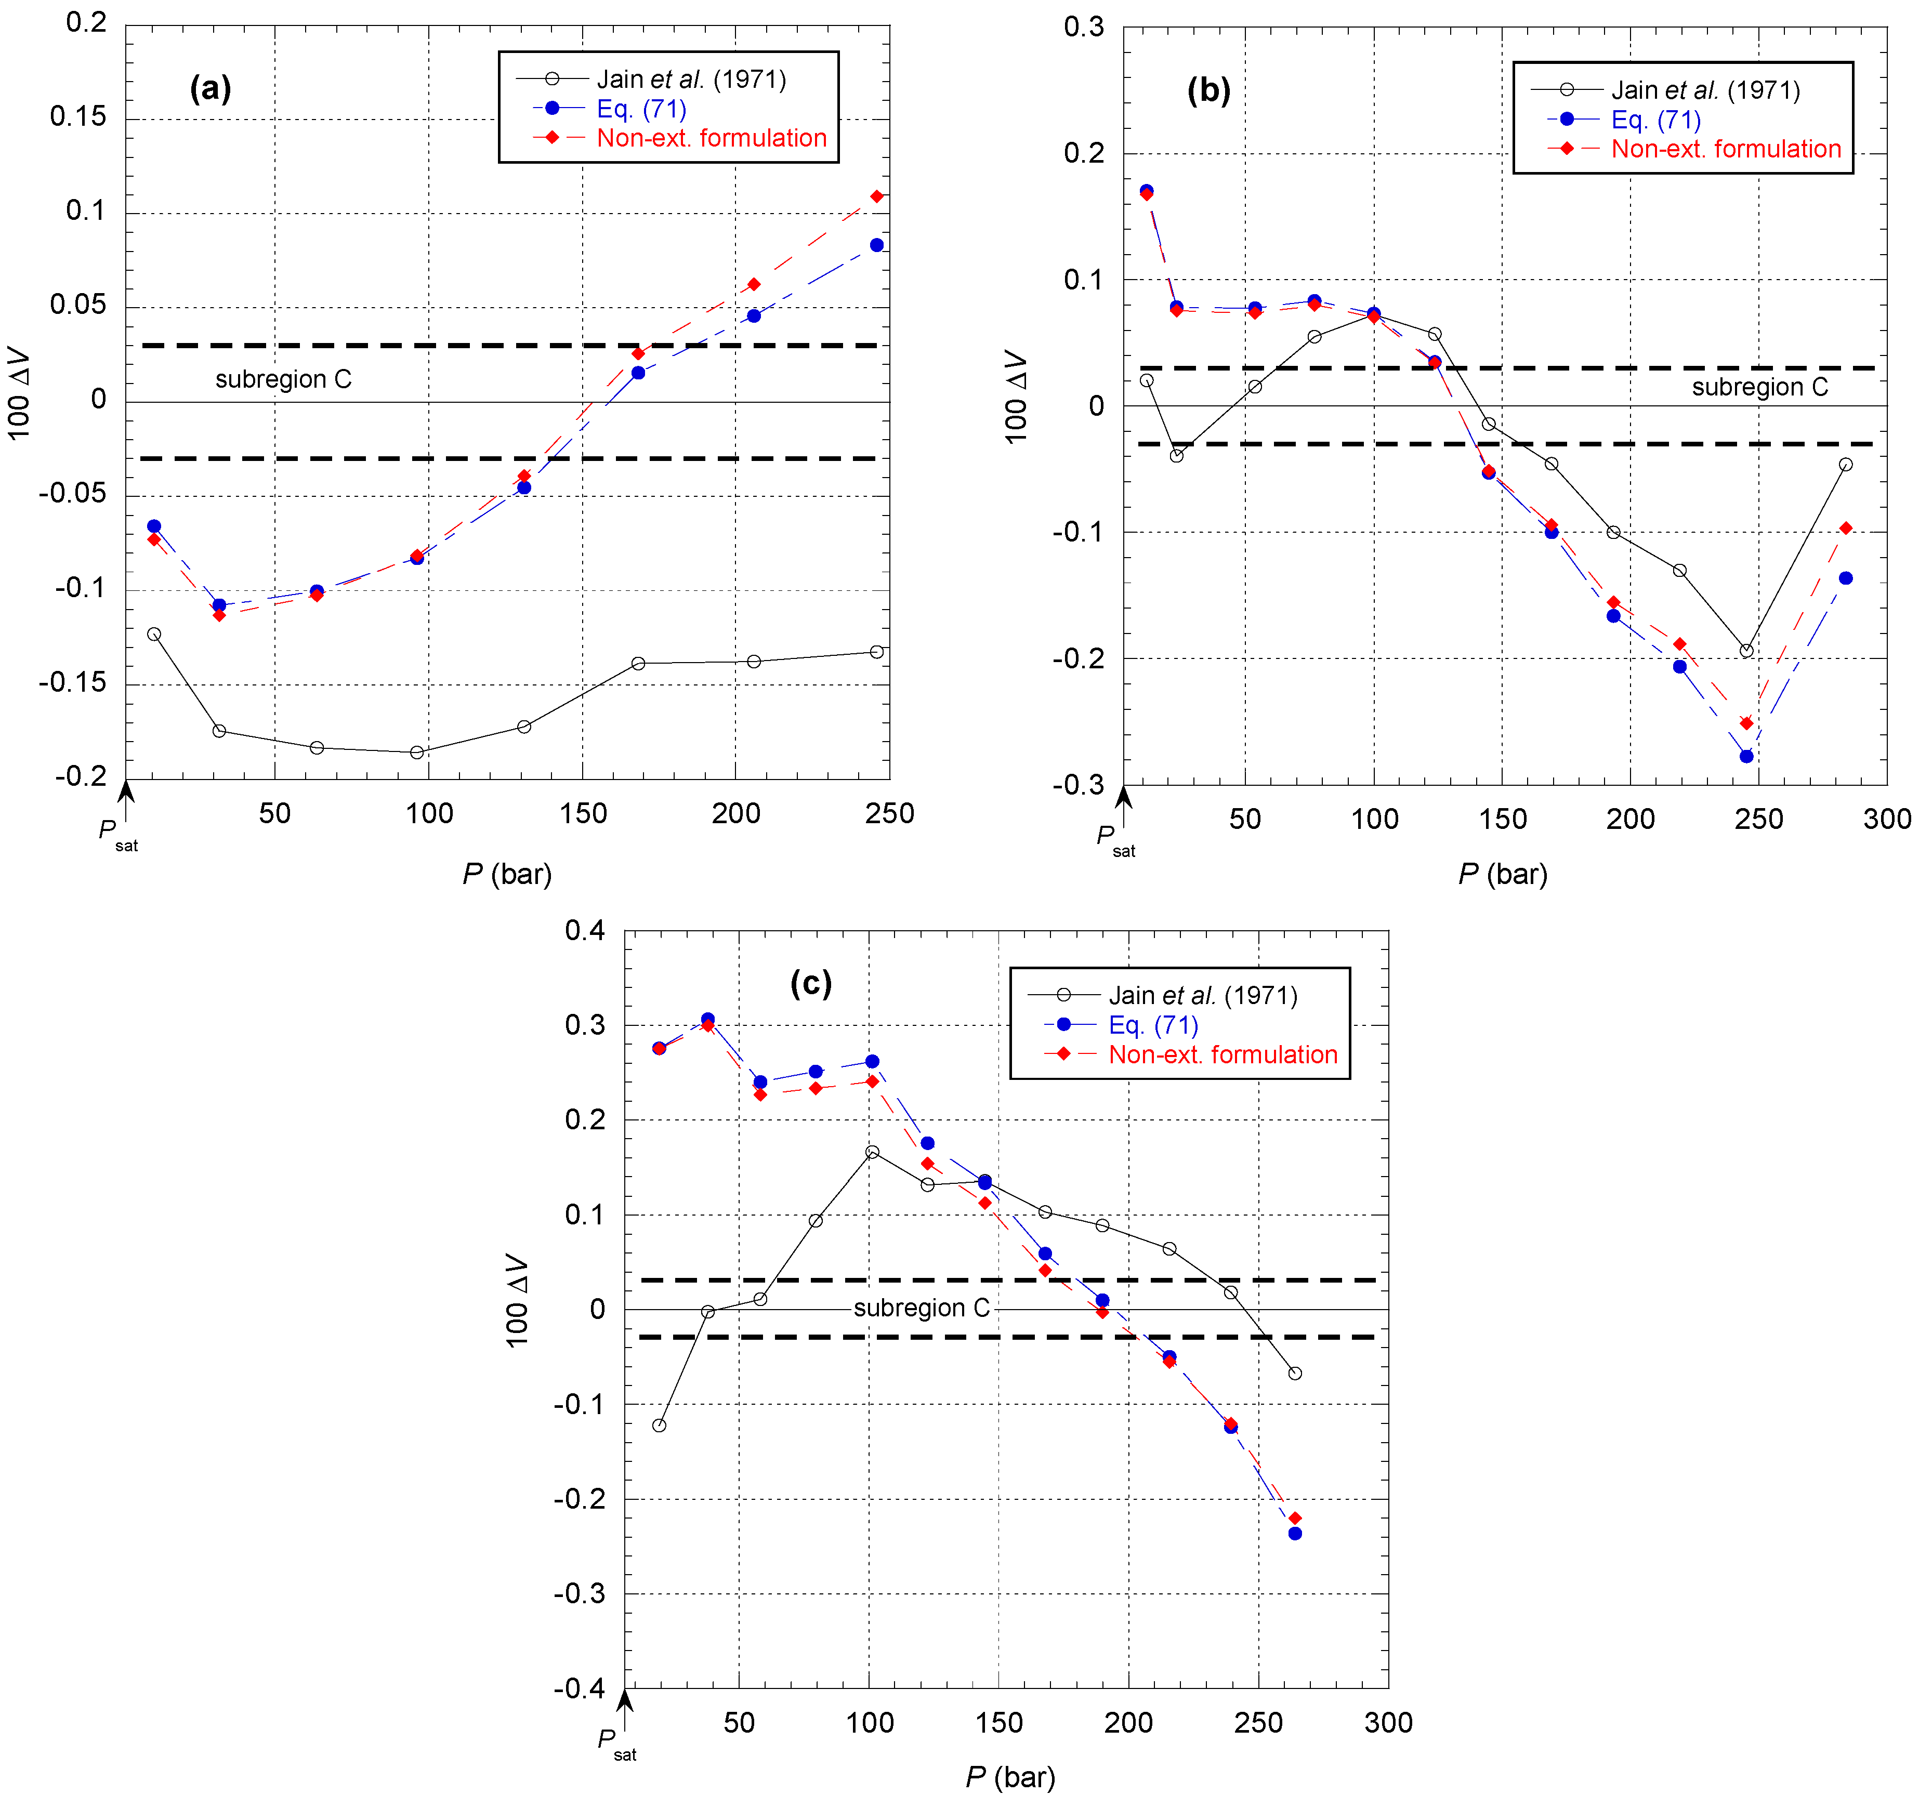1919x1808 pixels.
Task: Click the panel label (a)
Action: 211,89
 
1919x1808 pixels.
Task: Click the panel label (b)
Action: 1208,91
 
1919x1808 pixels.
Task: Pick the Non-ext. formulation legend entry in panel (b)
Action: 1726,150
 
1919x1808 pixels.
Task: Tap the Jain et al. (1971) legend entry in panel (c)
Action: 1202,995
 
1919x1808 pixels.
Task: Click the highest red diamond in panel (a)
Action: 876,197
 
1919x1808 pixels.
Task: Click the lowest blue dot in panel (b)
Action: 1746,757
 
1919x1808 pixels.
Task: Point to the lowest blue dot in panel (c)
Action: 1295,1533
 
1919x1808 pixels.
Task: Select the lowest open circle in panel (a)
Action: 417,752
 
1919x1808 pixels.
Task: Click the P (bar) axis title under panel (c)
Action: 1010,1777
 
